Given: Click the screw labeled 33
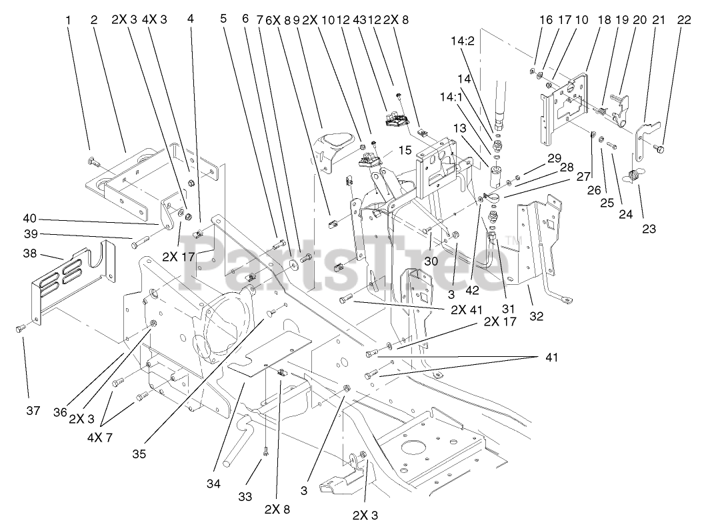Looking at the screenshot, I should (x=265, y=453).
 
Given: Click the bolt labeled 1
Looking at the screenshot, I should (x=93, y=160).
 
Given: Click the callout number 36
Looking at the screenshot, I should (x=61, y=413).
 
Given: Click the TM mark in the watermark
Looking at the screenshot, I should (x=513, y=240).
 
